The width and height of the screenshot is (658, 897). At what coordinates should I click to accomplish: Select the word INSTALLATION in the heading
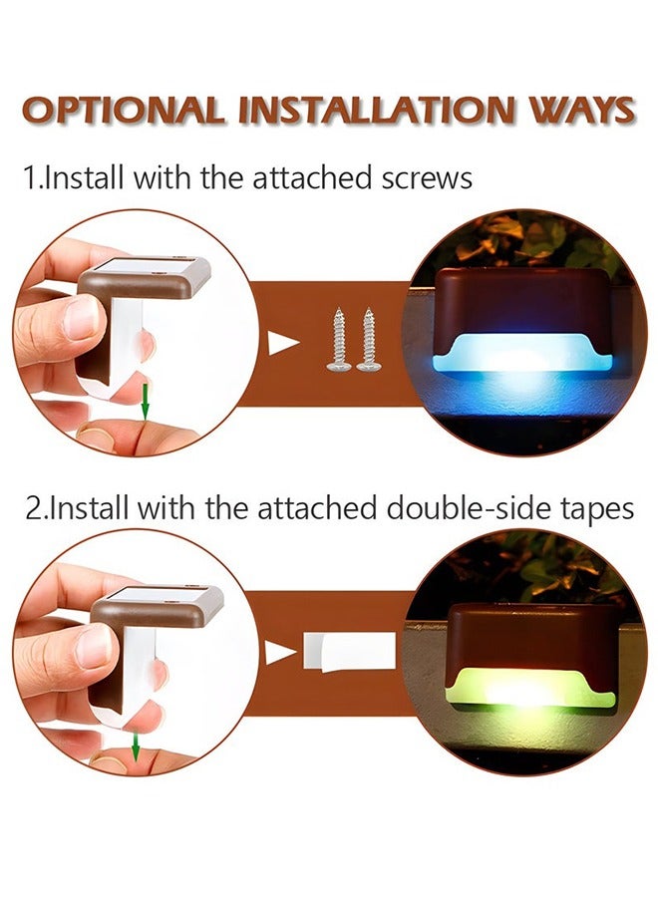(371, 110)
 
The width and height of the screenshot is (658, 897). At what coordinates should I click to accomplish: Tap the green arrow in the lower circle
(134, 743)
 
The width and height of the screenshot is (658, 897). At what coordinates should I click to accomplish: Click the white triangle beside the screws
(284, 344)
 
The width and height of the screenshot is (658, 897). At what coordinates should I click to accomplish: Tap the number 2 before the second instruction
(33, 509)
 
